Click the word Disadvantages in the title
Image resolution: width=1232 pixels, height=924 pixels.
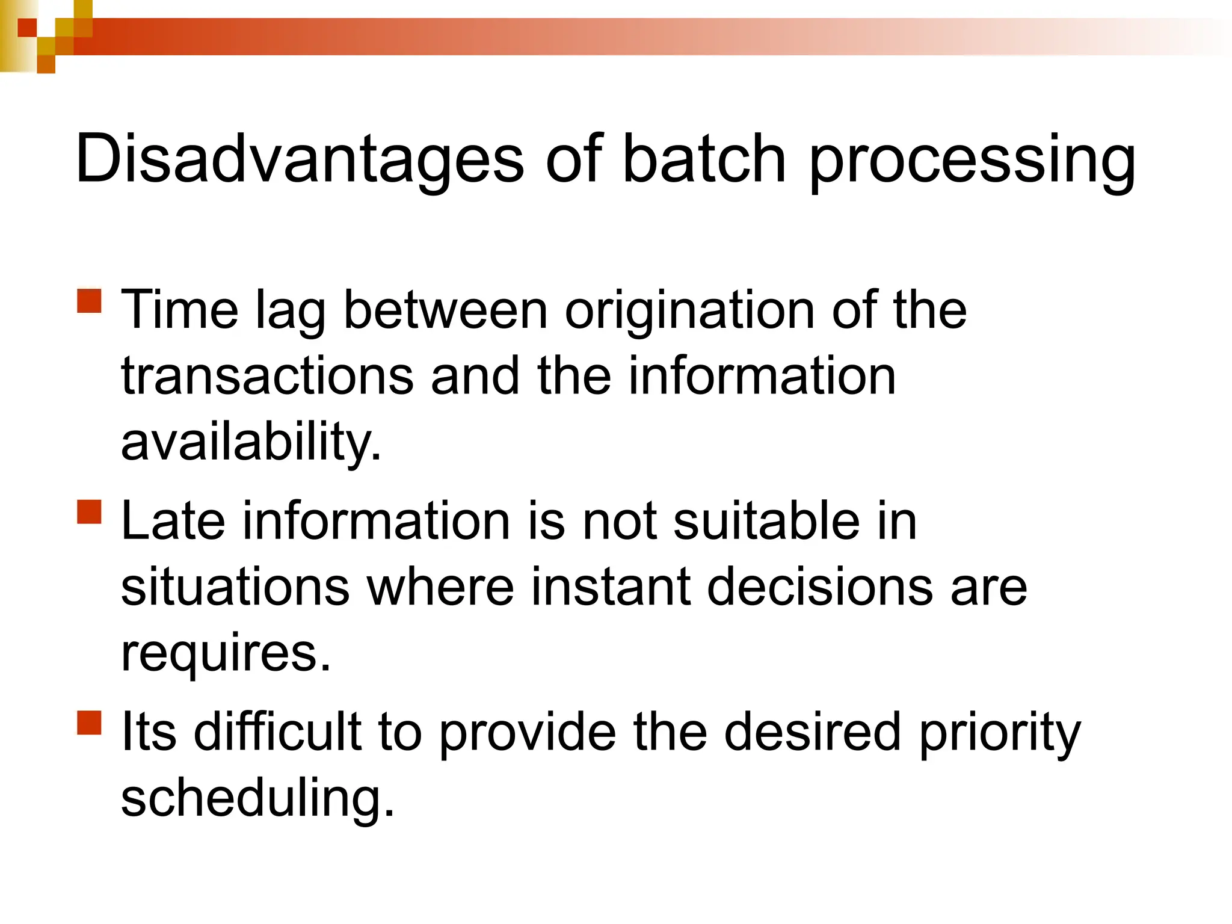pyautogui.click(x=300, y=159)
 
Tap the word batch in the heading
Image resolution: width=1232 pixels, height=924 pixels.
pyautogui.click(x=704, y=159)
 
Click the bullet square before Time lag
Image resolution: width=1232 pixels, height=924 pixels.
pyautogui.click(x=90, y=301)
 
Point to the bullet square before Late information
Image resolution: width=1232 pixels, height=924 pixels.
pyautogui.click(x=90, y=512)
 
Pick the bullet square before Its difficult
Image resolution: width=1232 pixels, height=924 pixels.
pyautogui.click(x=90, y=722)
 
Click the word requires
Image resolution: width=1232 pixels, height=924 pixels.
pyautogui.click(x=226, y=654)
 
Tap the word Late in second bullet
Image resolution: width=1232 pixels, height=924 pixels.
pyautogui.click(x=173, y=521)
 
